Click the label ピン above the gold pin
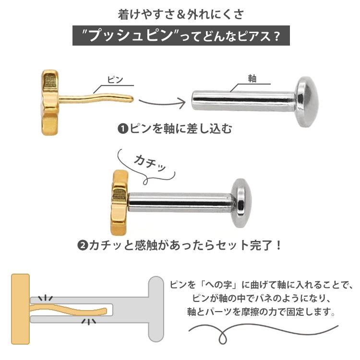click(115, 80)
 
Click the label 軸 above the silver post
click(252, 79)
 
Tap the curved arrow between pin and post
click(162, 103)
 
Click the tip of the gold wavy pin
click(132, 99)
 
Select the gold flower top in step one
click(49, 102)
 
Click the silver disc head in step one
click(307, 102)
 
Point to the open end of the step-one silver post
click(193, 100)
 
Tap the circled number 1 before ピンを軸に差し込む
click(123, 129)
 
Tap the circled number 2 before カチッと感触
click(83, 246)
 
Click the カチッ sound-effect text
click(150, 163)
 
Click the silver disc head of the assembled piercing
click(241, 203)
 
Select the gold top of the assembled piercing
click(120, 203)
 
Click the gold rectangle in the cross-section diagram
click(21, 309)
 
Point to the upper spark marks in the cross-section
click(46, 298)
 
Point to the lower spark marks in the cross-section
click(89, 322)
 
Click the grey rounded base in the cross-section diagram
click(156, 309)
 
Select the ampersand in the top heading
click(181, 15)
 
